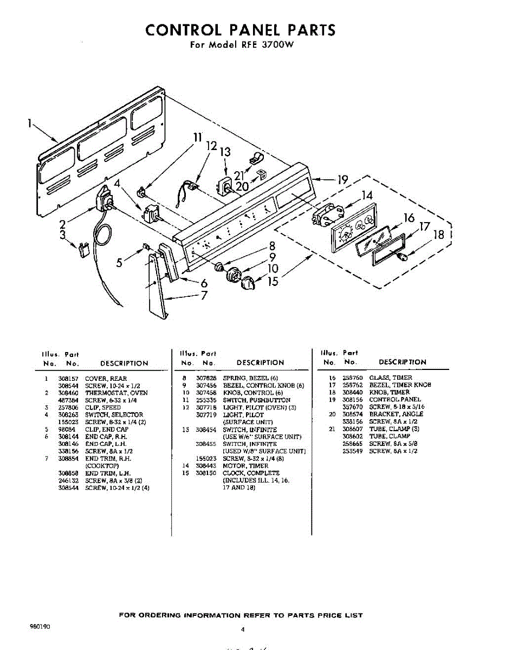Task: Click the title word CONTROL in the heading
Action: pos(182,30)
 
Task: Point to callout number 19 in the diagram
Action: pos(342,180)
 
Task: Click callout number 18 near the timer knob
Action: pos(439,235)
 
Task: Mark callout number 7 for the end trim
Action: pos(204,295)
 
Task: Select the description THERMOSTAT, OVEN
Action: pos(116,393)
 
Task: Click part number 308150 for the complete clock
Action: pos(205,473)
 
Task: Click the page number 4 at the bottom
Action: pos(243,629)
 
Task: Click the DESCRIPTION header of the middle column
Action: pos(260,362)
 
